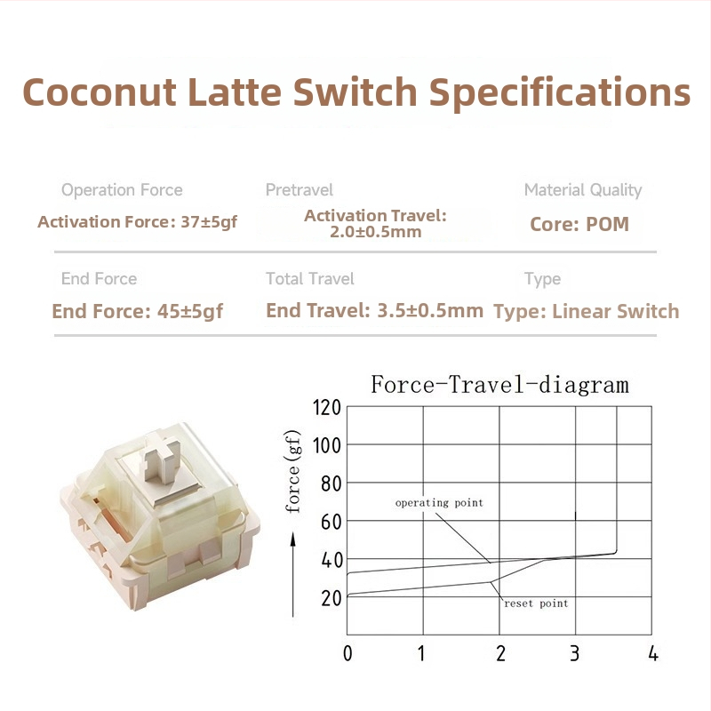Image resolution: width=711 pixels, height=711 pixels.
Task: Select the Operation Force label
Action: tap(122, 190)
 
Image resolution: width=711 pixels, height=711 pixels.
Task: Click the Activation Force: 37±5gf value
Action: tap(138, 221)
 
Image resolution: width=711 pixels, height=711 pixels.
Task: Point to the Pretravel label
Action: tap(300, 190)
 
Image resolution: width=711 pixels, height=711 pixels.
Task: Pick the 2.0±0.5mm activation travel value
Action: tap(375, 233)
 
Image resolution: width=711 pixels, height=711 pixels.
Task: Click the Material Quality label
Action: tap(583, 190)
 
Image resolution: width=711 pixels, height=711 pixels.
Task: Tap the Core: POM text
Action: tap(579, 224)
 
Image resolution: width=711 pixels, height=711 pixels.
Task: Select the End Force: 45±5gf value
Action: tap(138, 311)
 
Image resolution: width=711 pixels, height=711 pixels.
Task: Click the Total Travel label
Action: tap(310, 279)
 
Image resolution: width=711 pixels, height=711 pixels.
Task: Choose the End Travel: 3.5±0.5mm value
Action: tap(375, 311)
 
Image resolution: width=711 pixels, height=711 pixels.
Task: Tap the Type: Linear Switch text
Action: tap(587, 311)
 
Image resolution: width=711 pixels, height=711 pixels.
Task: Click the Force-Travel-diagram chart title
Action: tap(499, 385)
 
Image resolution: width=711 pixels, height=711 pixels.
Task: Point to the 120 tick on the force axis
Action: tap(327, 407)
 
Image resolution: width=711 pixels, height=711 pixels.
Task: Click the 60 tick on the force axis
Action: tap(332, 521)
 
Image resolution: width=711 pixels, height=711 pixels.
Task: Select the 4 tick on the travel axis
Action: tap(653, 654)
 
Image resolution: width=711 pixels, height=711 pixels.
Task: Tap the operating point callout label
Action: tap(439, 503)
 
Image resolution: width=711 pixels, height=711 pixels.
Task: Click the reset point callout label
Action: tap(536, 603)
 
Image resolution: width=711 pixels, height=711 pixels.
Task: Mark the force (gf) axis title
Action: tap(293, 471)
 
